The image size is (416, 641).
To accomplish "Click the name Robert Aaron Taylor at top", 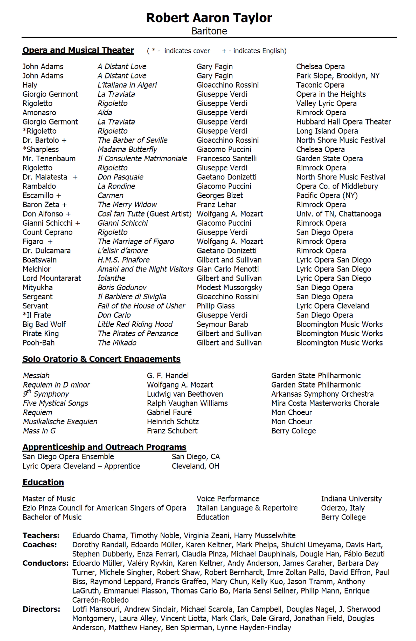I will (x=209, y=18).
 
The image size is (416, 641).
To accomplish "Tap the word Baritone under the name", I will (x=209, y=31).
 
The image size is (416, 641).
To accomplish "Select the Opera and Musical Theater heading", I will (x=78, y=50).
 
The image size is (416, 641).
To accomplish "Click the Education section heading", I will (x=43, y=482).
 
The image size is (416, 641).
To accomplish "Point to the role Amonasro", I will (x=39, y=113).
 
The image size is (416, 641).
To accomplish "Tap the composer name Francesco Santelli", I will (x=226, y=159).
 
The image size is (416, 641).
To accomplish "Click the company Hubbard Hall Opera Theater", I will (x=343, y=122).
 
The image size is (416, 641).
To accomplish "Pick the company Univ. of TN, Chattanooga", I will (x=338, y=214).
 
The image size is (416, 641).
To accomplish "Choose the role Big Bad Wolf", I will (x=44, y=324).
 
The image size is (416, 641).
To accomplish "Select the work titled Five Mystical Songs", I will (x=56, y=403).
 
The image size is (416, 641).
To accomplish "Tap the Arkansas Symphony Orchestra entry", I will (x=322, y=394).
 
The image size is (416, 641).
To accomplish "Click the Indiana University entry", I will (x=351, y=499).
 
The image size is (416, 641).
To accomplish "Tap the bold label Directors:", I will (x=41, y=609).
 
